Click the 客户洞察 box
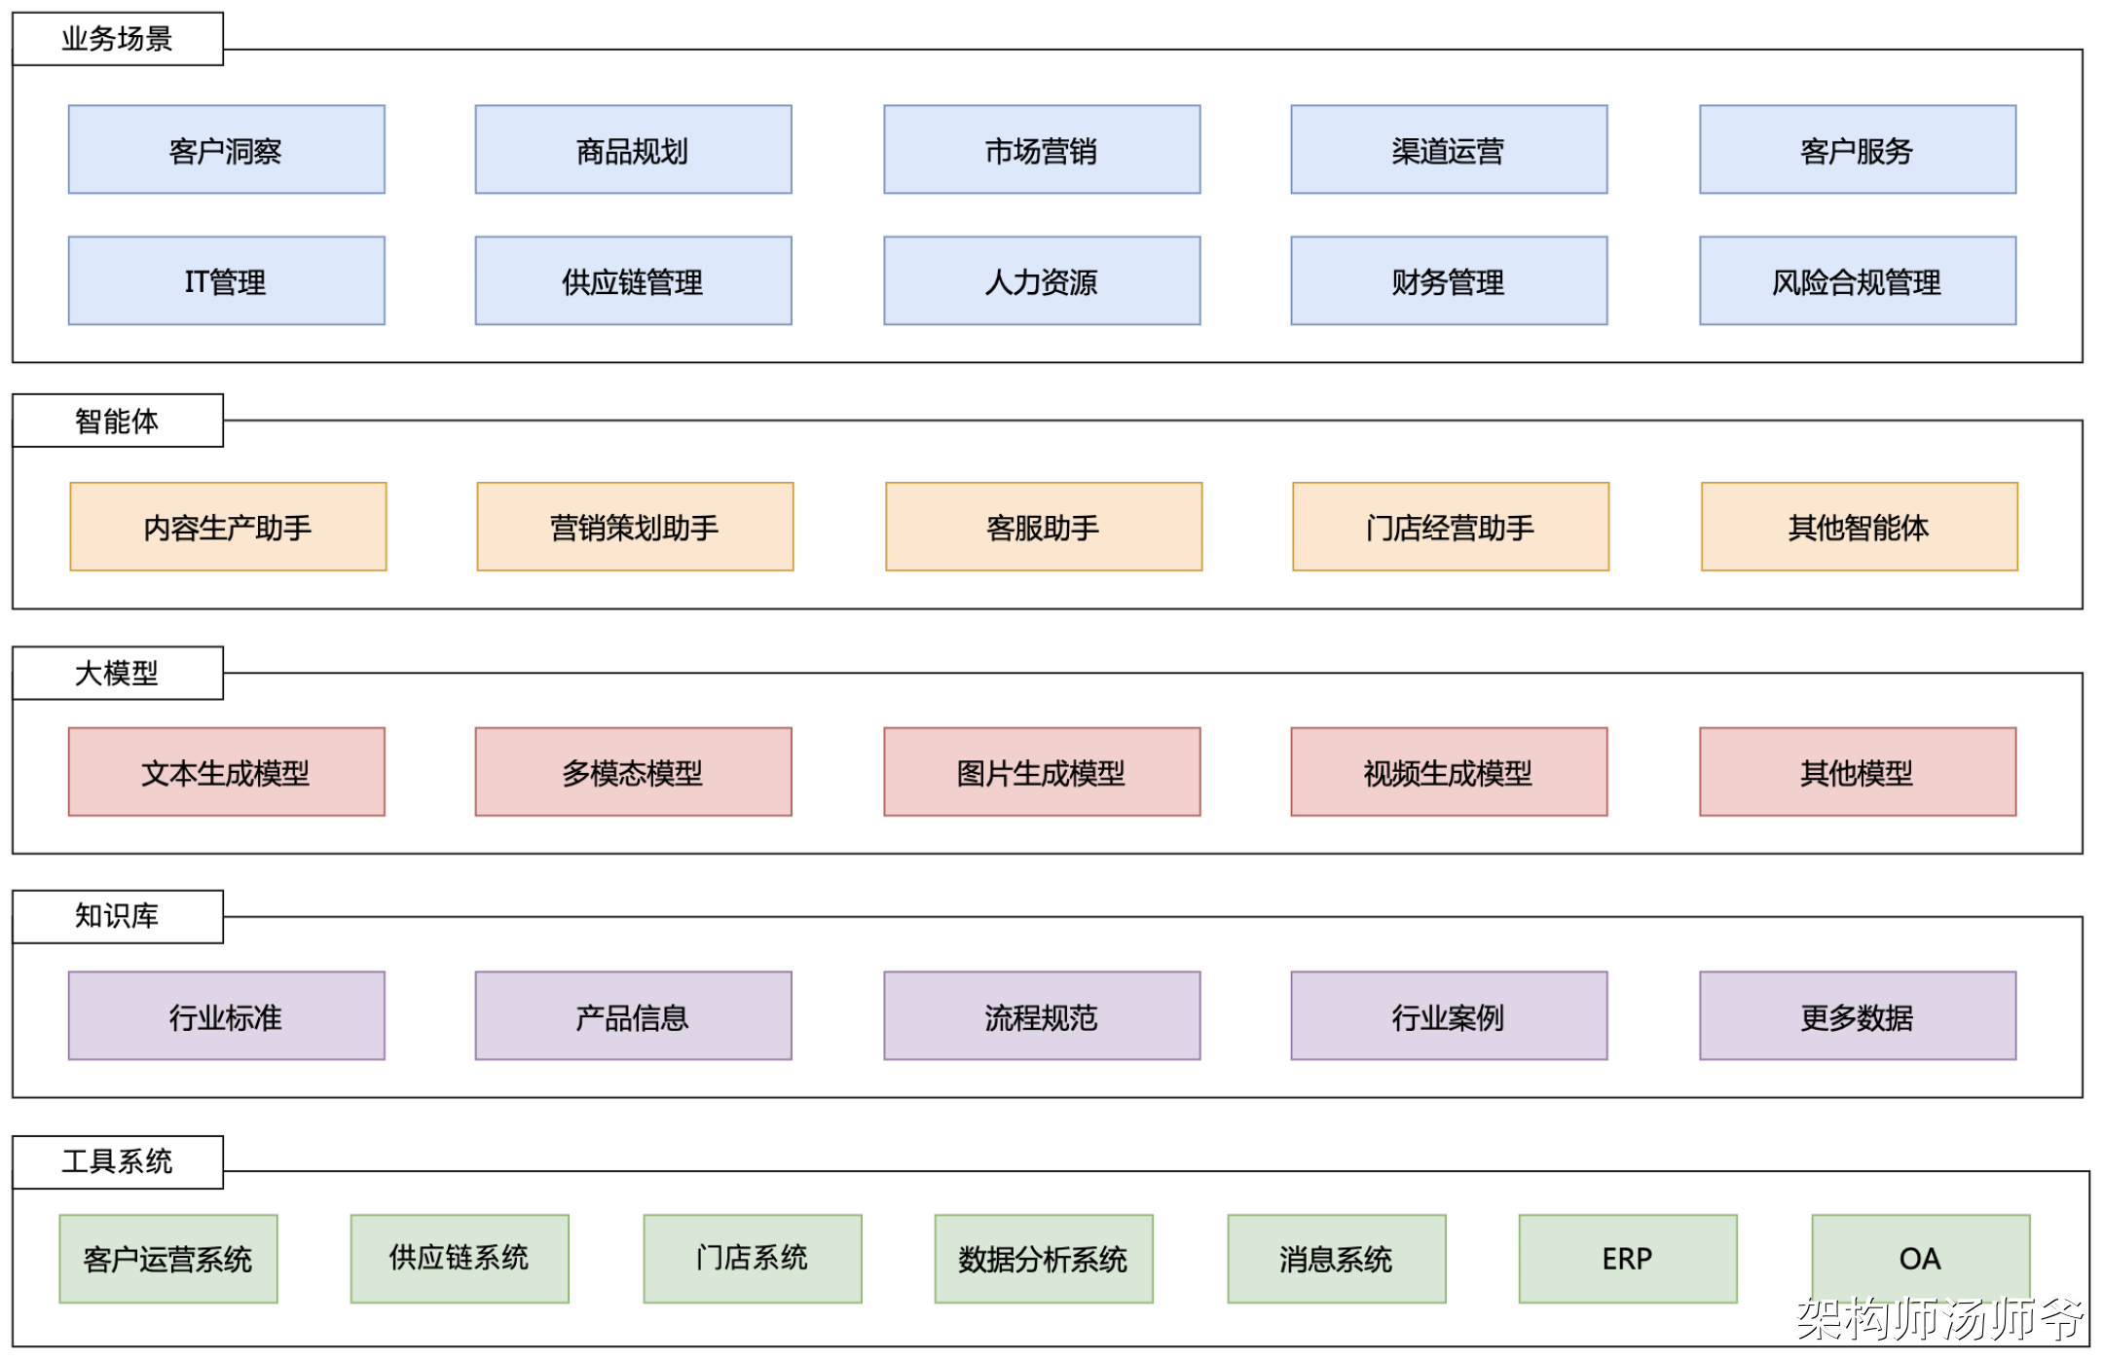point(226,150)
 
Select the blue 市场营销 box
point(1042,150)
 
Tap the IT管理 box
point(226,280)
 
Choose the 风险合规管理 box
point(1858,280)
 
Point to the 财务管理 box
point(1449,280)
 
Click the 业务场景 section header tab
point(117,39)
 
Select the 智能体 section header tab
point(117,421)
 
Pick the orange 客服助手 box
point(1044,527)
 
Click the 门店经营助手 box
point(1451,527)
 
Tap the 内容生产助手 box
point(228,527)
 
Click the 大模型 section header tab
point(117,673)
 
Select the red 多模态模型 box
point(633,772)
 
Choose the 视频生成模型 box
point(1449,772)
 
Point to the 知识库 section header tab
point(117,916)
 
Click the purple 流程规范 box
point(1042,1015)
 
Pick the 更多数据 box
point(1858,1015)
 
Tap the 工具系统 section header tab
point(117,1161)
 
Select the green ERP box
point(1628,1259)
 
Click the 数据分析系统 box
point(1044,1259)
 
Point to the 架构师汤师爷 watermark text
point(1939,1319)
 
